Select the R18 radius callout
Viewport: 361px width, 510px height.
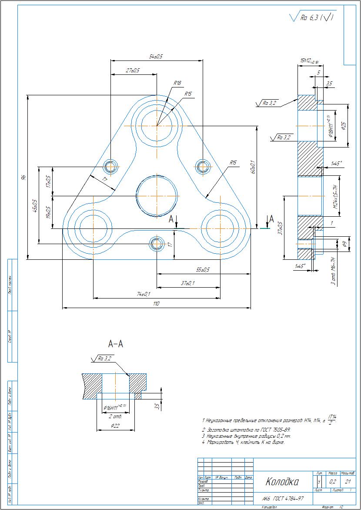177,82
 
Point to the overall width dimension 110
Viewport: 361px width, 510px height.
156,303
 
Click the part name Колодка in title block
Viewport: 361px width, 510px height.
282,482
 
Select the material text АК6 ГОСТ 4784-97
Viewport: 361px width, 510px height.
283,499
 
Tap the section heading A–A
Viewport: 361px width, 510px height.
116,344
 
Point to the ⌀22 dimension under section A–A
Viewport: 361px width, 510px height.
115,426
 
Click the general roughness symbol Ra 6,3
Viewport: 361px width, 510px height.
311,18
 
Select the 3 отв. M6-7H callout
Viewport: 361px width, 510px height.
334,272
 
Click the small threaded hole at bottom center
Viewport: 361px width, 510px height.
156,244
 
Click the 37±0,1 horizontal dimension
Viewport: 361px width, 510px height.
188,283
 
